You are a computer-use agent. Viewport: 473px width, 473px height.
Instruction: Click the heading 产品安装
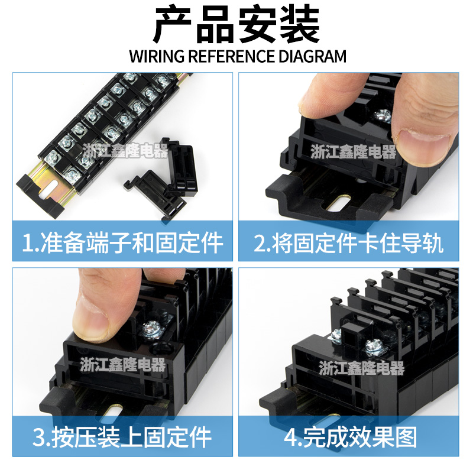pyautogui.click(x=237, y=25)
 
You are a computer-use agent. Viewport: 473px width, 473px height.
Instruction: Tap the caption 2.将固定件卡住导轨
pyautogui.click(x=349, y=242)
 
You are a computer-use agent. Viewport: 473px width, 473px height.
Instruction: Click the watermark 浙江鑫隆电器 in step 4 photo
pyautogui.click(x=361, y=369)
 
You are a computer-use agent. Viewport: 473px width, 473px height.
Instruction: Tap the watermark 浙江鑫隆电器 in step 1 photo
pyautogui.click(x=125, y=151)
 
